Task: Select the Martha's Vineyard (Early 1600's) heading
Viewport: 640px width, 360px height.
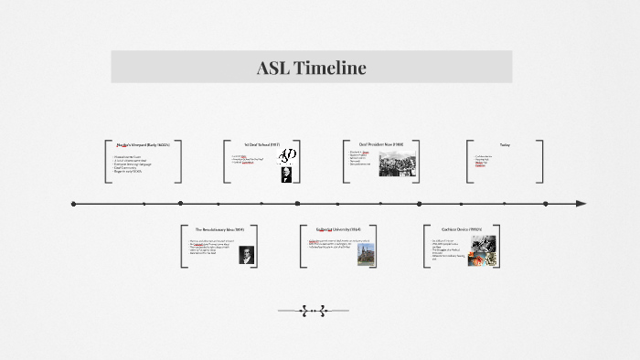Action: click(144, 145)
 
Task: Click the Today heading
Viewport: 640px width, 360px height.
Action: click(505, 144)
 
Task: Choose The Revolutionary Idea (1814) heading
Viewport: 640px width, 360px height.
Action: click(219, 228)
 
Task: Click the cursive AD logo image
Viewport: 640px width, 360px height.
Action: click(287, 154)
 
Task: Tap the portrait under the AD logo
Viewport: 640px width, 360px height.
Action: click(287, 174)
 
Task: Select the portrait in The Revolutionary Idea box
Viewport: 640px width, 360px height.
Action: click(246, 255)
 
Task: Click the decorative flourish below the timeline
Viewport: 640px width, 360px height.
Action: click(313, 311)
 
